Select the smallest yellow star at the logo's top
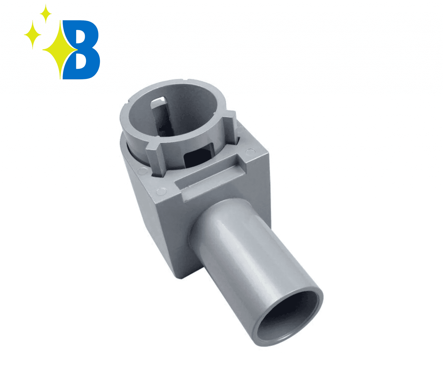(x=45, y=13)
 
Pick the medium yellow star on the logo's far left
(x=32, y=35)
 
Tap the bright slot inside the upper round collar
(x=159, y=102)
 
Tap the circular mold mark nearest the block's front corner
(x=161, y=191)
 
